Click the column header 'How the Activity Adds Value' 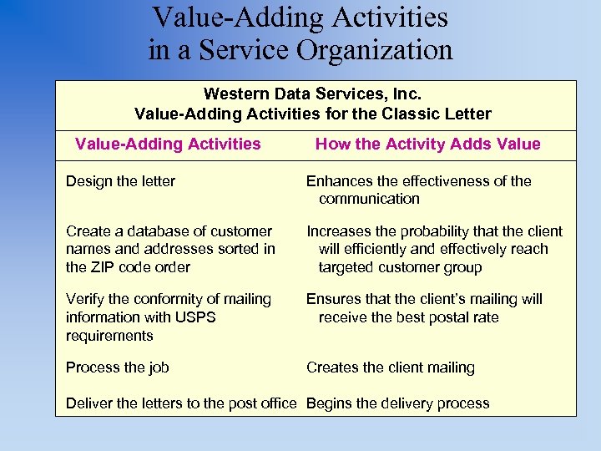click(427, 144)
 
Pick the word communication click(369, 199)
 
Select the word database click(145, 231)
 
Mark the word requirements click(109, 336)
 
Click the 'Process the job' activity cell click(117, 367)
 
